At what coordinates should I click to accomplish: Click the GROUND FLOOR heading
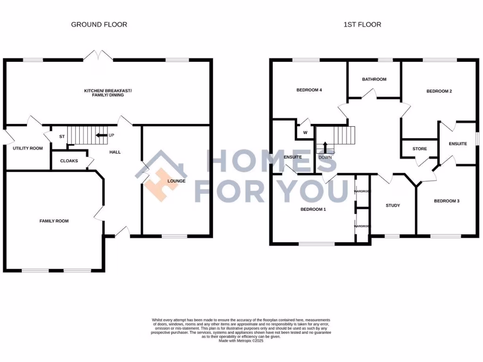click(x=99, y=25)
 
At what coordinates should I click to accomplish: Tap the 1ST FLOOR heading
click(x=362, y=25)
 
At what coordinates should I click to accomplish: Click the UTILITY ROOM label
click(x=28, y=148)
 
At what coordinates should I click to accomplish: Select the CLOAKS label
click(x=69, y=161)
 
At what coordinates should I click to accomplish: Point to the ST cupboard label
click(x=61, y=137)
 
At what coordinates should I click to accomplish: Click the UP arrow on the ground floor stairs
click(x=101, y=135)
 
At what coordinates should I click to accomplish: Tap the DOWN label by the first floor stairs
click(x=325, y=157)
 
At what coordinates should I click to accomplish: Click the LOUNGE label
click(x=176, y=181)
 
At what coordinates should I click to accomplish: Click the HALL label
click(x=115, y=152)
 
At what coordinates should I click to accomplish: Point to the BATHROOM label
click(x=374, y=79)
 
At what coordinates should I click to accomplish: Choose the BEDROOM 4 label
click(x=309, y=90)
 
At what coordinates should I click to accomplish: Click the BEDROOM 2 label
click(x=439, y=91)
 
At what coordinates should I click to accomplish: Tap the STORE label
click(x=419, y=149)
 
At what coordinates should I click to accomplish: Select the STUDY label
click(x=392, y=206)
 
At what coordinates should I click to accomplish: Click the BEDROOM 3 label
click(x=446, y=201)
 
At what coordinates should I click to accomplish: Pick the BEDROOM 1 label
click(x=313, y=209)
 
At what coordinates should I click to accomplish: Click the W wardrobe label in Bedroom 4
click(x=305, y=132)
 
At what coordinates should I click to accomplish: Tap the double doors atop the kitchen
click(x=99, y=56)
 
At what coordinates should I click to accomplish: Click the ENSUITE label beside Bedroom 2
click(x=458, y=144)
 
